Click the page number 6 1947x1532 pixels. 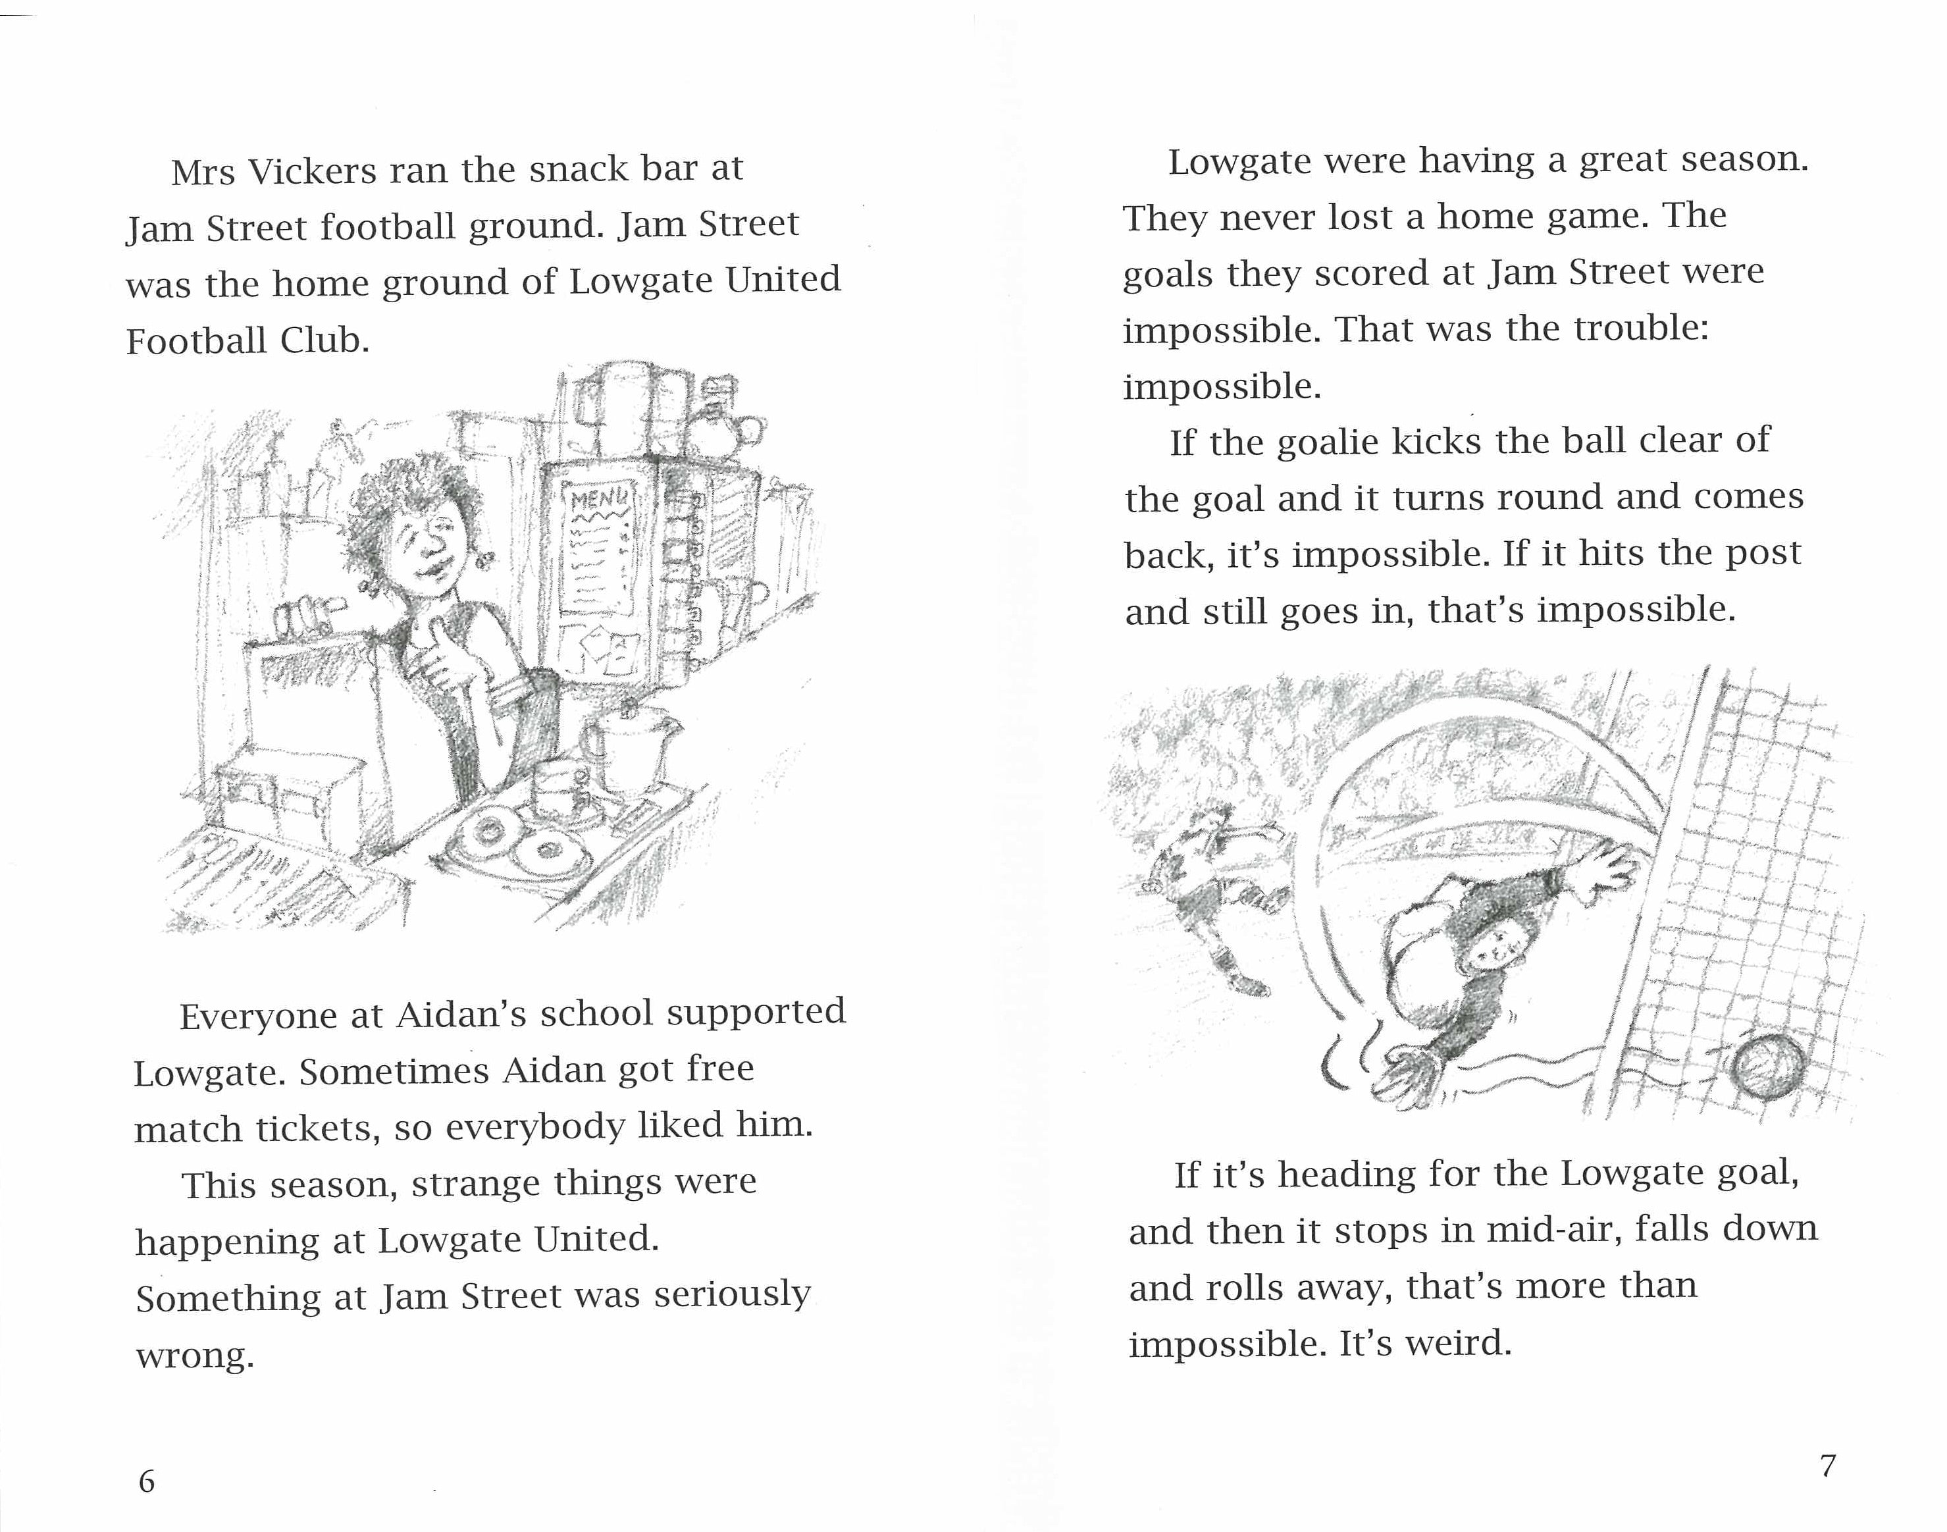coord(146,1481)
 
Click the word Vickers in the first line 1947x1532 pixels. coord(311,171)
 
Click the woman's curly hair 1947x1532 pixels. coord(403,502)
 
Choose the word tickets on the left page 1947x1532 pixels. coord(319,1128)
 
